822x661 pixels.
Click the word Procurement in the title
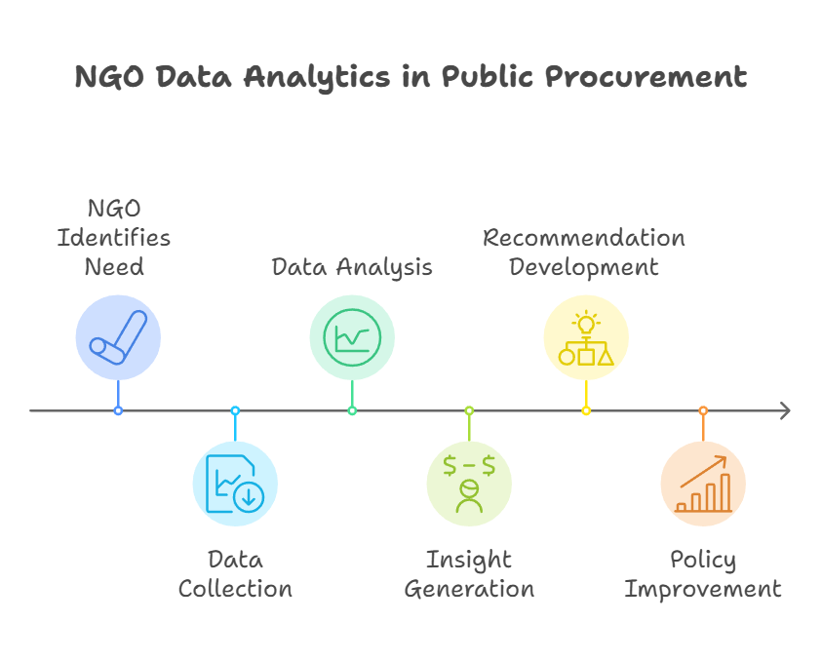(x=646, y=76)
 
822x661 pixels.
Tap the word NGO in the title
(x=109, y=76)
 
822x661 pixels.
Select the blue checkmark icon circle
(x=119, y=337)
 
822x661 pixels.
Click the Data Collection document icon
(x=235, y=484)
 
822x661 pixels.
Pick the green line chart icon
(x=352, y=337)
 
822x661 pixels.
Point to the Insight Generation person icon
(x=469, y=484)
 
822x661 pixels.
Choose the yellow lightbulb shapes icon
(x=586, y=337)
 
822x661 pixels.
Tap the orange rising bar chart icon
(x=703, y=484)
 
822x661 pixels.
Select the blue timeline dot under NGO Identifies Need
(x=119, y=410)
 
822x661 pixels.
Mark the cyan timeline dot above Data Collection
(x=235, y=410)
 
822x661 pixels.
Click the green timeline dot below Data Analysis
(x=352, y=410)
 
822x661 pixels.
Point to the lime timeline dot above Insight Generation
(x=469, y=410)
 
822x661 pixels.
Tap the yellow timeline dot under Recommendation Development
(x=586, y=410)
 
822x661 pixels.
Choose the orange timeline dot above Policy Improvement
(x=703, y=410)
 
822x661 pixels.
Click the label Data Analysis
(x=352, y=267)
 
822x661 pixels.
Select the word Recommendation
(x=583, y=238)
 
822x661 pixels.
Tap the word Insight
(x=469, y=560)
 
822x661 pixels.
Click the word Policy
(x=703, y=560)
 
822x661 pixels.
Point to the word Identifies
(x=114, y=238)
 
